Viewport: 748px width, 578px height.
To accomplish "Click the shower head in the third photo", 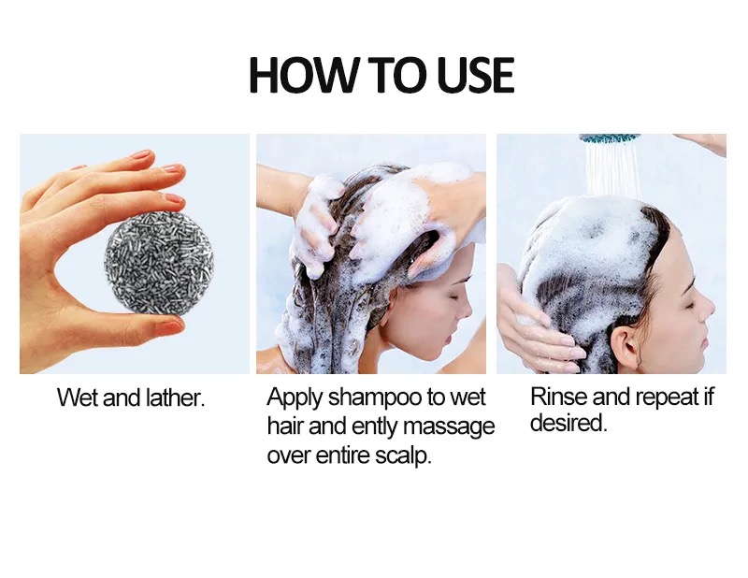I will click(x=609, y=138).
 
